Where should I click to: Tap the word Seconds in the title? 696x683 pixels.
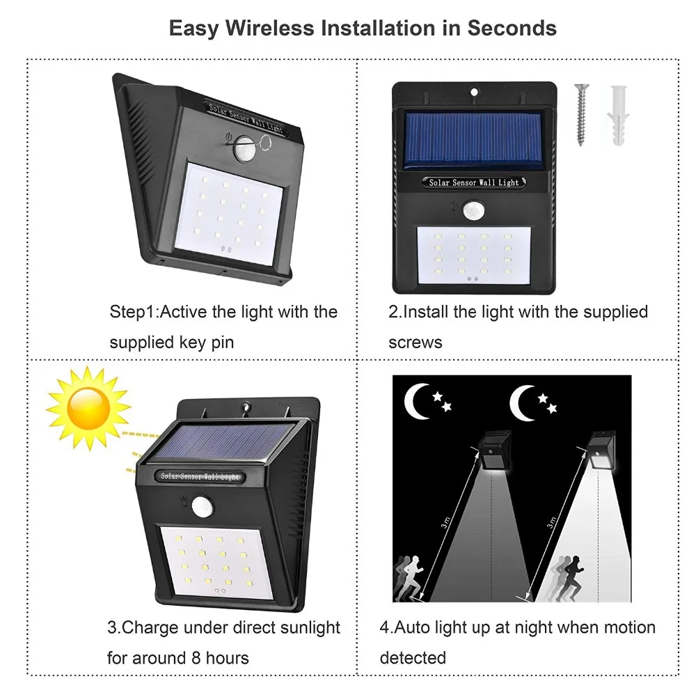(511, 28)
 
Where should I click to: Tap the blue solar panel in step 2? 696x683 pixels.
(473, 141)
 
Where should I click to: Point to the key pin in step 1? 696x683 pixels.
(264, 143)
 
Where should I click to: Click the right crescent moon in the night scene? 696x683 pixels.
(523, 402)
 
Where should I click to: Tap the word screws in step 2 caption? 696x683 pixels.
(415, 342)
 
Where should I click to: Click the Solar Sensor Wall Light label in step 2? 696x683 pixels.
(474, 182)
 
